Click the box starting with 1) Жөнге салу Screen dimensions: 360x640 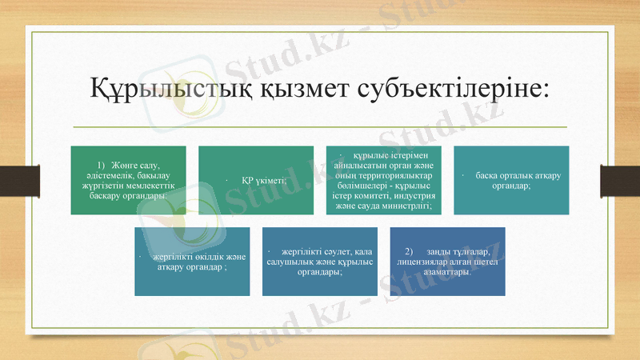tap(128, 180)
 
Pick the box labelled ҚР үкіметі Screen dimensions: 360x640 tap(256, 180)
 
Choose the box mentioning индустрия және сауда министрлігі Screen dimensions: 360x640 tap(384, 180)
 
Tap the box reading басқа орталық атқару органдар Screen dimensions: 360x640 tap(512, 180)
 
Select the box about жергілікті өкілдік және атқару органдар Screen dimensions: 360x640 tap(191, 262)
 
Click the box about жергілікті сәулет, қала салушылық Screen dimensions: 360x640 tap(320, 262)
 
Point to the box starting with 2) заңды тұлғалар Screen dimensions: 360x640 tap(447, 262)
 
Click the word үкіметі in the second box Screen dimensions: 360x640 tap(270, 180)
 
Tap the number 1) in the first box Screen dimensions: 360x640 tap(102, 164)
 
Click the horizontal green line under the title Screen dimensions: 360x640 tap(320, 127)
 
